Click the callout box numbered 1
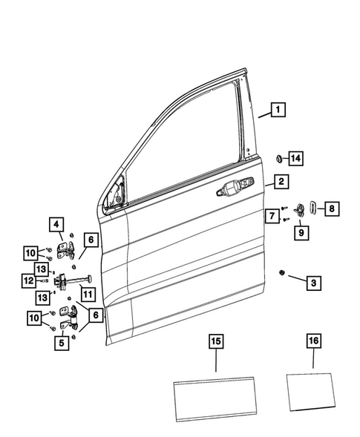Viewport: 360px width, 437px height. click(x=278, y=111)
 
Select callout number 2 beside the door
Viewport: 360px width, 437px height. click(x=281, y=181)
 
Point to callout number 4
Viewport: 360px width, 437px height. click(x=57, y=223)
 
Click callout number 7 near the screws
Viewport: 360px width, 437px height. click(x=272, y=216)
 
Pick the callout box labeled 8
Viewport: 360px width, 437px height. click(x=333, y=208)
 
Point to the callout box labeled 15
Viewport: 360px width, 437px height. click(x=216, y=342)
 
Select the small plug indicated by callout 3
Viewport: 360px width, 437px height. click(x=283, y=273)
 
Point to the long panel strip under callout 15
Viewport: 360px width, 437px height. click(x=216, y=393)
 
